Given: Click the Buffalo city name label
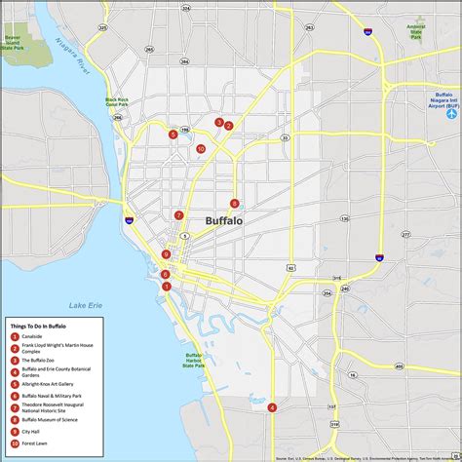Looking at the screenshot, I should tap(225, 221).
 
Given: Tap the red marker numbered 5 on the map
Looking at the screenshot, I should tap(173, 135).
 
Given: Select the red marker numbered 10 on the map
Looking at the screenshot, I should tap(200, 149).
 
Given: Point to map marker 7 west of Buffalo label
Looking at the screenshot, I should tap(178, 215).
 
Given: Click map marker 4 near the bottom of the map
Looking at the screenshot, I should tap(272, 407).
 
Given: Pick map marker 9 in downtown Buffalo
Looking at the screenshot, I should tap(167, 254).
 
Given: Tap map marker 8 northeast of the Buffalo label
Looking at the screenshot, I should tap(234, 204).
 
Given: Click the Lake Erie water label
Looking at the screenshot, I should tap(76, 306).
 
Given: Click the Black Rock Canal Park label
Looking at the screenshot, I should tap(117, 103).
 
